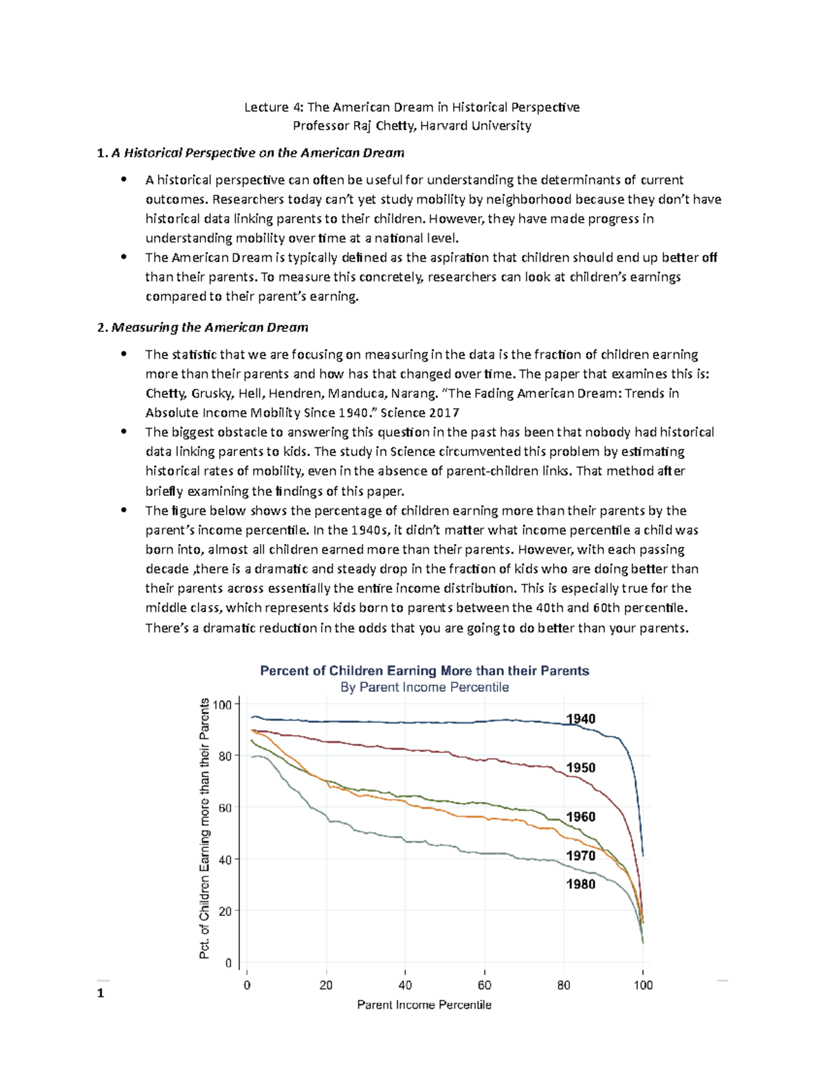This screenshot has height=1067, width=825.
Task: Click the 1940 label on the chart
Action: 580,719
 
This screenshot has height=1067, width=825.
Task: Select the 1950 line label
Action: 580,767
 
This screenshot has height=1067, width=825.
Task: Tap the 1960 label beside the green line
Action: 580,816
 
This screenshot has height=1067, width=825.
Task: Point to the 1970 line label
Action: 580,855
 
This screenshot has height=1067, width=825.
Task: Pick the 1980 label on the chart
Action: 580,884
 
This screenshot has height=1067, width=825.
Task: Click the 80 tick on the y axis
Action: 225,756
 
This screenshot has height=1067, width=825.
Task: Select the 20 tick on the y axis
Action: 225,911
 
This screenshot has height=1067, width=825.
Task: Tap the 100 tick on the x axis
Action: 643,985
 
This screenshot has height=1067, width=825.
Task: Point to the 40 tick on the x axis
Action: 405,985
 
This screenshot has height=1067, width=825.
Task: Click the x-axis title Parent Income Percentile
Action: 424,1004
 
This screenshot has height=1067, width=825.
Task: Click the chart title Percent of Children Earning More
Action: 424,671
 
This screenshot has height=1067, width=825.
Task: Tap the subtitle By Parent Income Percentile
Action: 424,687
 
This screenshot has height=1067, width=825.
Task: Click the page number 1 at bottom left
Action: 100,993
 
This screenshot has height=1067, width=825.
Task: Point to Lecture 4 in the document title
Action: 273,107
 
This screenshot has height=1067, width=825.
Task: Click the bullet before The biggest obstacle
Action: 124,431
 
